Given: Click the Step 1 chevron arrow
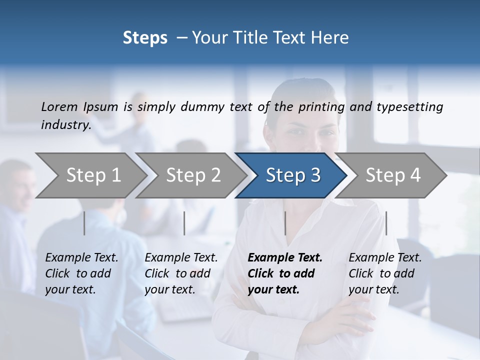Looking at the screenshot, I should click(x=93, y=175).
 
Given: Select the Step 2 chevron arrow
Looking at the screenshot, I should click(x=193, y=175).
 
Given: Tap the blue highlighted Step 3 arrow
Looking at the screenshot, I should click(x=293, y=175).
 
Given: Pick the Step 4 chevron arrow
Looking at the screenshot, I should click(x=393, y=175).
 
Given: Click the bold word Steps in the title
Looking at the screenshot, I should click(x=145, y=38).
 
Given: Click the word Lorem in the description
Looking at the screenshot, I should click(x=59, y=106).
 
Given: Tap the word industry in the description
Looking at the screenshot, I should click(x=65, y=125).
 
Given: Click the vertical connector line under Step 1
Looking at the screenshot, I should click(x=84, y=223).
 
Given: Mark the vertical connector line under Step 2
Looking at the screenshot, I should click(x=184, y=223).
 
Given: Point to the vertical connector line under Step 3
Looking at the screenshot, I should click(x=285, y=223).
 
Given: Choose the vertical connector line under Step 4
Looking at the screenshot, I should click(x=386, y=223).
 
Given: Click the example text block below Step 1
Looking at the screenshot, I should click(x=81, y=273).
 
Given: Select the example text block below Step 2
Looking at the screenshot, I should click(x=181, y=273).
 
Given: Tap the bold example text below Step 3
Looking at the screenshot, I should click(x=285, y=273).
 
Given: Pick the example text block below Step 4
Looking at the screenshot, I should click(x=385, y=273).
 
